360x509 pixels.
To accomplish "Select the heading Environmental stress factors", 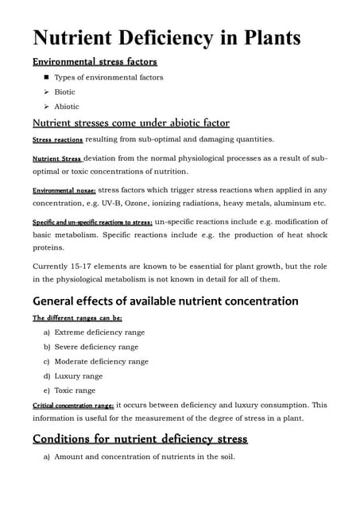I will pos(94,61).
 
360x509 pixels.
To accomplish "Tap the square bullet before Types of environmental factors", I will pos(47,77).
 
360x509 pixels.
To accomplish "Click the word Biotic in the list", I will pos(64,92).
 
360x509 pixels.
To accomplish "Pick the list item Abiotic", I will pos(66,107).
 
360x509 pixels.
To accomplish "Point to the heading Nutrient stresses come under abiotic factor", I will pos(130,123).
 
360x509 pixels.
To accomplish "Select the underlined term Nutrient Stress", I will pos(56,159).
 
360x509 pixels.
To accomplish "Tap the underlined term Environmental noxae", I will pos(64,191).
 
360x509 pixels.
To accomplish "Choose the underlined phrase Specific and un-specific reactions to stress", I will pos(91,222).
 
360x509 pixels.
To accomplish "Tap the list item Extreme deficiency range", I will pos(99,332).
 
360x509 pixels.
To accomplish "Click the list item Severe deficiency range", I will pos(96,347).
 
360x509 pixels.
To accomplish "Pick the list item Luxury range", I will pos(78,376).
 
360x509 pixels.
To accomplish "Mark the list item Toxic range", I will pos(75,390).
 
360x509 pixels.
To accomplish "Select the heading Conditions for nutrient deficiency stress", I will pos(140,438).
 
